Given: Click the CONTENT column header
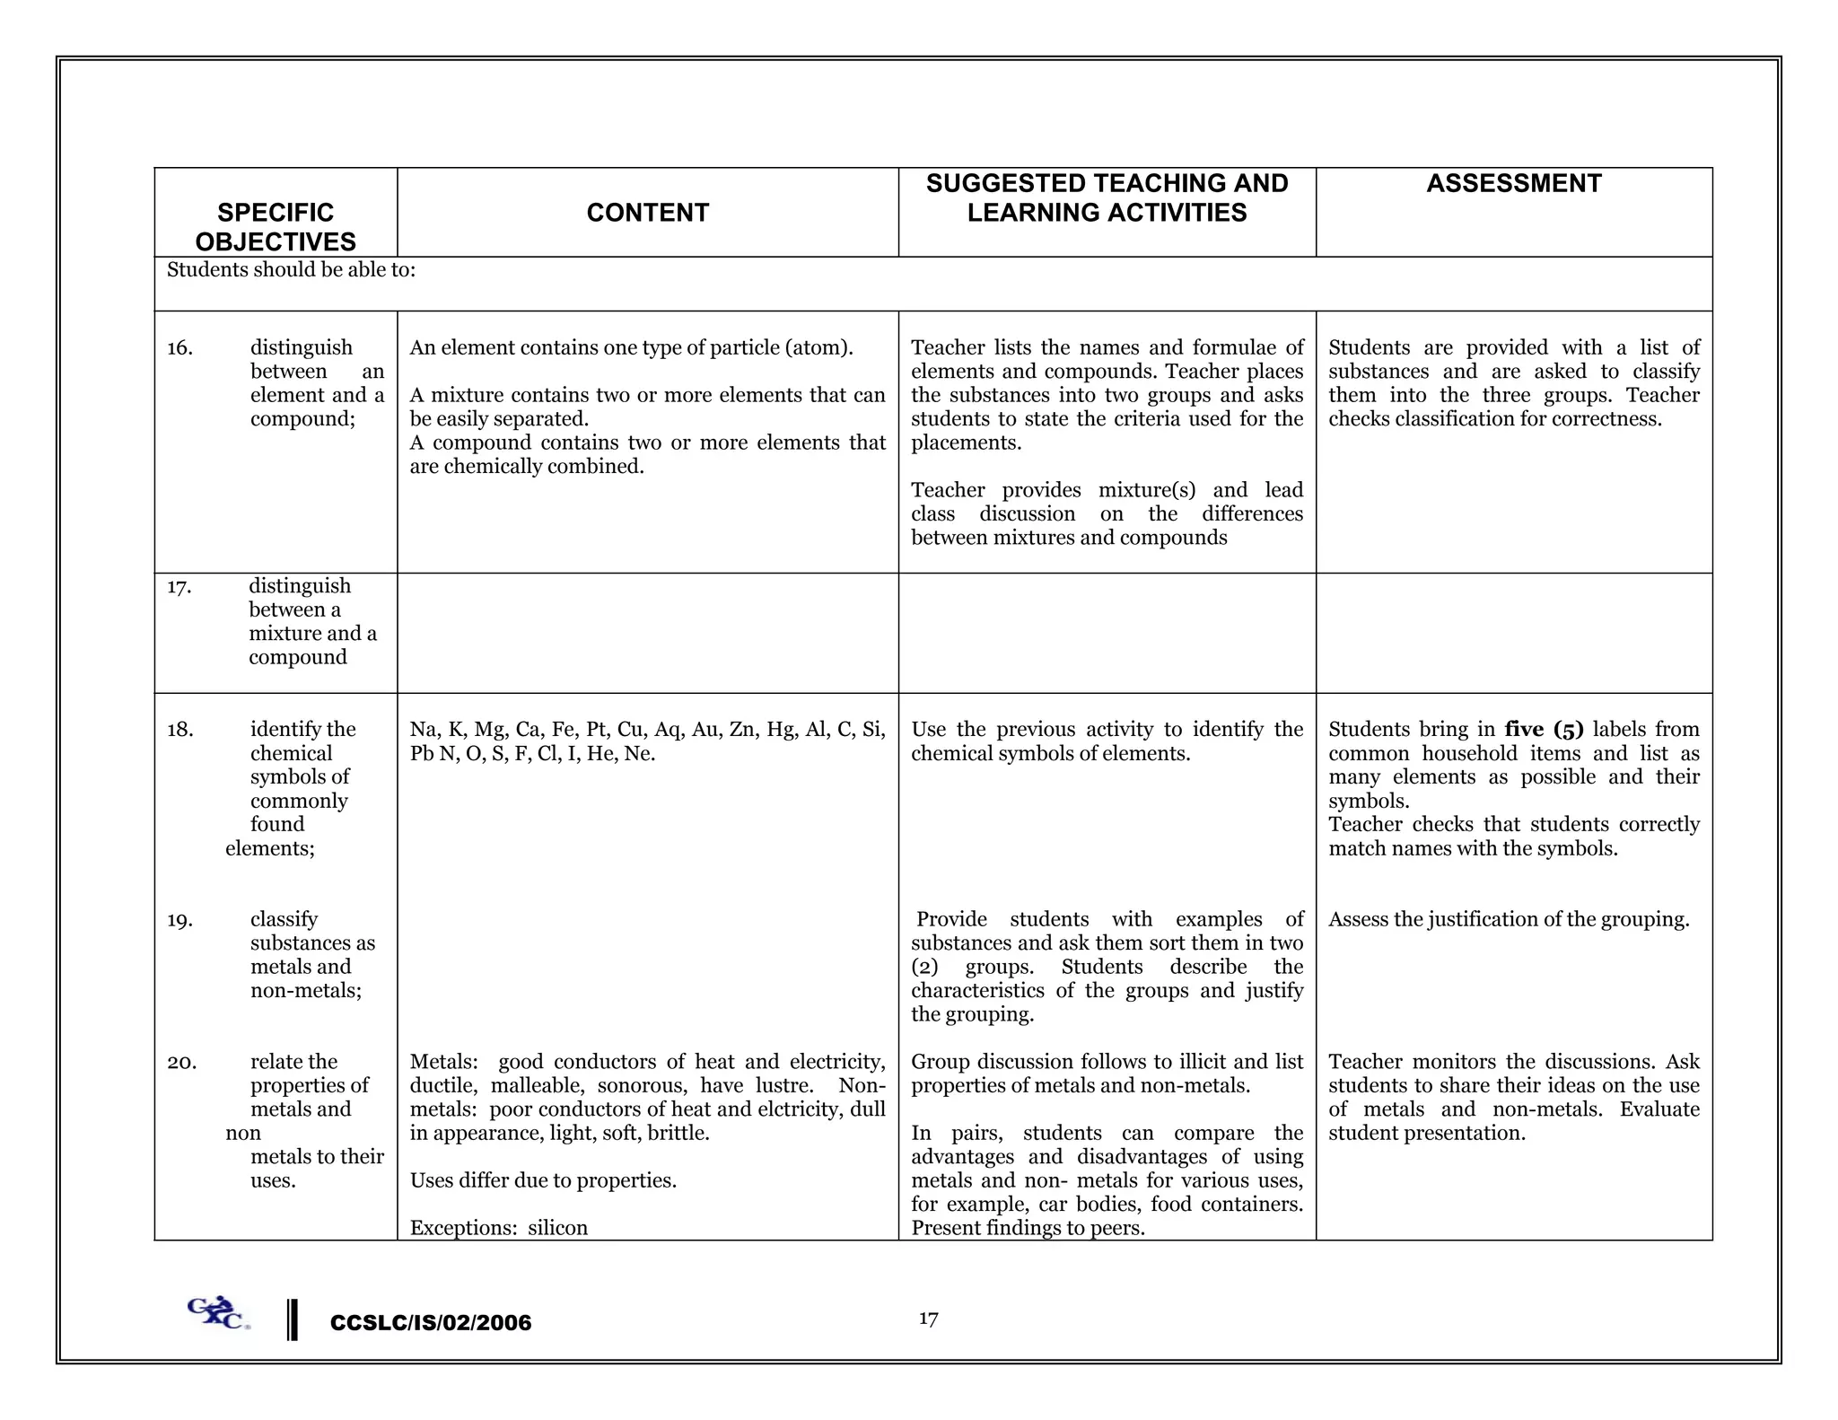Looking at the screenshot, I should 647,213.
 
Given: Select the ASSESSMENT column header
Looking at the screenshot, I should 1513,184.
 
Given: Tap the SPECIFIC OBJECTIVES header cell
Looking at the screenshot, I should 276,227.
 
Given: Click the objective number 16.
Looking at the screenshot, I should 179,348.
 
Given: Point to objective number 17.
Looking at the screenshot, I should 179,587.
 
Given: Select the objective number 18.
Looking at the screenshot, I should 179,730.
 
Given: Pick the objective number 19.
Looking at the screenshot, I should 179,920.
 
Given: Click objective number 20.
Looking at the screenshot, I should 181,1063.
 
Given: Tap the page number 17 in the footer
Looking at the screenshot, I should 928,1319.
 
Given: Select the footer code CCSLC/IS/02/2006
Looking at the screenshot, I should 431,1323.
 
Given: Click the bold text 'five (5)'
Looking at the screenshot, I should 1544,730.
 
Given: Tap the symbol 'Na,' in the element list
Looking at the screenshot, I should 423,730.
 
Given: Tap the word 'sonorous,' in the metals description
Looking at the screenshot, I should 641,1086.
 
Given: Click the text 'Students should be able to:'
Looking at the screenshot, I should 291,270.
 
